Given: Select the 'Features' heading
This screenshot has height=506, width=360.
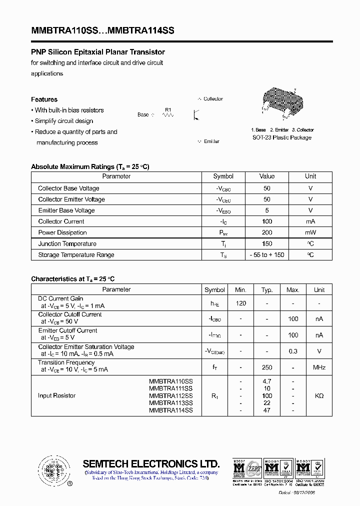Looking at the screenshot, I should pyautogui.click(x=44, y=99).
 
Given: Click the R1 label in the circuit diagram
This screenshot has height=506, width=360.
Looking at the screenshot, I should pyautogui.click(x=168, y=109).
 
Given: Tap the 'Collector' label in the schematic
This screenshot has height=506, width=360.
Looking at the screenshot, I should pyautogui.click(x=213, y=99).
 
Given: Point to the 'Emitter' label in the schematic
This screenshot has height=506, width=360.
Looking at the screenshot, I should pyautogui.click(x=211, y=141).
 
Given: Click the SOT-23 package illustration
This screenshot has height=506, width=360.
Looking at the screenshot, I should pyautogui.click(x=281, y=102).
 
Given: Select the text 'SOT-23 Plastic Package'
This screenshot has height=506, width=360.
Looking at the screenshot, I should pyautogui.click(x=281, y=137).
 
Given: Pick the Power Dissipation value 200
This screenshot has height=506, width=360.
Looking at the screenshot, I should pyautogui.click(x=267, y=232).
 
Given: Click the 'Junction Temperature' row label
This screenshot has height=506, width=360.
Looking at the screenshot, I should pyautogui.click(x=67, y=243).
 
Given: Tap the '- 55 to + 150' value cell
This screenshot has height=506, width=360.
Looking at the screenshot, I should pyautogui.click(x=267, y=255).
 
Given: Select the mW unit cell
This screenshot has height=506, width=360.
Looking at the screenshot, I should pyautogui.click(x=310, y=232).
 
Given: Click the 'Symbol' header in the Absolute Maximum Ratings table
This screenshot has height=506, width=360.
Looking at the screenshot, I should pyautogui.click(x=223, y=176).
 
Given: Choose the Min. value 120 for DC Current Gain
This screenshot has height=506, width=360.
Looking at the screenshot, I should pyautogui.click(x=240, y=303).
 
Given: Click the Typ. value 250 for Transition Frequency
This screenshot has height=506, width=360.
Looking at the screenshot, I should pyautogui.click(x=267, y=367).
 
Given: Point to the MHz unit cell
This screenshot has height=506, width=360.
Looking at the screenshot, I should pyautogui.click(x=319, y=367).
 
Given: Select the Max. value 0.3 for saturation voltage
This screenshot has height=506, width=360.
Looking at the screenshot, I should pyautogui.click(x=293, y=351).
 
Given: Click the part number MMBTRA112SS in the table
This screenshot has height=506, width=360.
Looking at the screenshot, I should pyautogui.click(x=170, y=395).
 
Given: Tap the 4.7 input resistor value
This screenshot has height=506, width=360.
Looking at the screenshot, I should pyautogui.click(x=267, y=381).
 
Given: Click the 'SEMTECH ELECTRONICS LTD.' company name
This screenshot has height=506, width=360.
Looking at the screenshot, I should pyautogui.click(x=151, y=463).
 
